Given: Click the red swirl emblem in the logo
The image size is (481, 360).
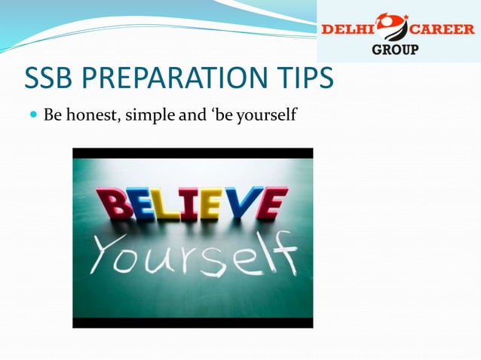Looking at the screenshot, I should pyautogui.click(x=391, y=27).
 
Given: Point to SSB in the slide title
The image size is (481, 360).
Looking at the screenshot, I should pyautogui.click(x=51, y=79).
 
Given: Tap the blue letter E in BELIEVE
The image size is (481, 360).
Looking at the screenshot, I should pyautogui.click(x=139, y=203).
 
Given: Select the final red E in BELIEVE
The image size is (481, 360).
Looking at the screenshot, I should pyautogui.click(x=271, y=202).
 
